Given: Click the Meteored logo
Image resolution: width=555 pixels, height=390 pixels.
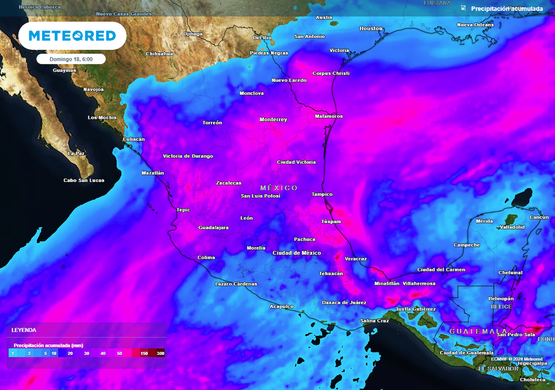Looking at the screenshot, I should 72,36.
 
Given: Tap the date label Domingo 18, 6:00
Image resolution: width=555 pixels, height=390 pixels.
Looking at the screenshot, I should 71,59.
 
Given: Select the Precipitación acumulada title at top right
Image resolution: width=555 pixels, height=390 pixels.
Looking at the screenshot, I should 507,9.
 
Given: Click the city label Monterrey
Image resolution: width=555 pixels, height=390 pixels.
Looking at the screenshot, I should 273,120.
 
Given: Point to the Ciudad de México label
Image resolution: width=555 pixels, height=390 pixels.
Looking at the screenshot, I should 296,253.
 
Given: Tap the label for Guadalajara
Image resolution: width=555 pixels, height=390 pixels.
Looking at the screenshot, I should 214,227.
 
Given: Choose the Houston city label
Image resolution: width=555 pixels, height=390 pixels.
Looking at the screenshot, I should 371,29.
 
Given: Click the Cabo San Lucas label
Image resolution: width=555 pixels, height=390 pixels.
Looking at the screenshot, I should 84,180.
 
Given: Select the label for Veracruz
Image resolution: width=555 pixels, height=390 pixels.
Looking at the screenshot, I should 356,259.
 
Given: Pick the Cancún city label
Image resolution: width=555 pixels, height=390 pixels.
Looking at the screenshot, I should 539,217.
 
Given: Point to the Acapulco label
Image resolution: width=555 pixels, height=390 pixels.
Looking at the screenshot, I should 281,307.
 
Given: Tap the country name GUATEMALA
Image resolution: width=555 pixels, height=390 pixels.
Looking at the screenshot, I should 479,331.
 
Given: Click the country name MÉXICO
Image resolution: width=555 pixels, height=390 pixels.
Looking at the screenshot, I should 279,188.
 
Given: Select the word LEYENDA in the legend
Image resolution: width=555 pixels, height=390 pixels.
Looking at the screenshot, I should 24,329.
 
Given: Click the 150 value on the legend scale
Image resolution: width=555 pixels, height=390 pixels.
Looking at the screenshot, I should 144,353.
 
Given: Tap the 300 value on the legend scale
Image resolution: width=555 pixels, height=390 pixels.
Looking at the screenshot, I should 160,353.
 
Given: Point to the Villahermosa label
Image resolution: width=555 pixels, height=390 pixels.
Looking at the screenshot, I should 419,283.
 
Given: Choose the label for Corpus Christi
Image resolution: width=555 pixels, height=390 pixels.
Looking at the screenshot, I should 331,73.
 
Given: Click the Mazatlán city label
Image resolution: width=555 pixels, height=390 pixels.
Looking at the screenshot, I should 152,173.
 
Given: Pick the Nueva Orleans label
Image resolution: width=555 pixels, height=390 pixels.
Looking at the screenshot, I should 475,25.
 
